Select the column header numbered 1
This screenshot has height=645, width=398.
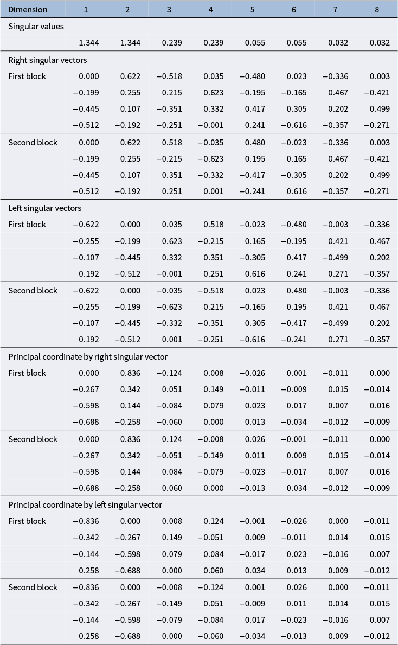(x=86, y=10)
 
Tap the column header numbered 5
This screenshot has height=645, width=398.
(x=252, y=10)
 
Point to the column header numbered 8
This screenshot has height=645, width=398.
(x=377, y=10)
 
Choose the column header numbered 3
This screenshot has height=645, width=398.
(x=169, y=10)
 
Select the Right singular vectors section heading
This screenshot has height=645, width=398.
(x=47, y=60)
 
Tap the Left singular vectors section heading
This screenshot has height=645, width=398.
(x=44, y=208)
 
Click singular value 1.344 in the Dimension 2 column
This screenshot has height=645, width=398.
(x=130, y=43)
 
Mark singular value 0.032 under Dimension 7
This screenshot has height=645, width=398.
(x=338, y=43)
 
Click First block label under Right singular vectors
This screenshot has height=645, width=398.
(x=27, y=76)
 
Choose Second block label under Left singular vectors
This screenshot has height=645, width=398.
(x=33, y=291)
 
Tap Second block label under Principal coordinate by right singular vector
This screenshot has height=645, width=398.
(x=33, y=439)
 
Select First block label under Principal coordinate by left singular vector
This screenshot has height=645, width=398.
(x=27, y=521)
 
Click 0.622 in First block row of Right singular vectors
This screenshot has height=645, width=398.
(x=130, y=76)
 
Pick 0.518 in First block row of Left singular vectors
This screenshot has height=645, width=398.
(x=213, y=225)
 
